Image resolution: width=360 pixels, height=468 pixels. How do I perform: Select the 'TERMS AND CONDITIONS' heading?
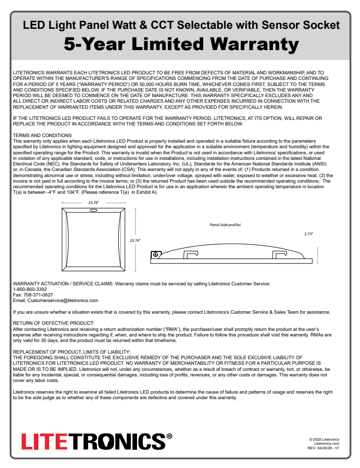pos(42,135)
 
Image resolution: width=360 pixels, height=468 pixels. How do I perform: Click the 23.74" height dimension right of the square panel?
pos(135,240)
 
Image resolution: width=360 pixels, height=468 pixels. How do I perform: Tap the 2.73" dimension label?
pos(308,234)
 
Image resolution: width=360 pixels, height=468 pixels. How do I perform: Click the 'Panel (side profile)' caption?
pos(225,224)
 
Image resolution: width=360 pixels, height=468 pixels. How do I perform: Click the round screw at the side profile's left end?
pos(156,253)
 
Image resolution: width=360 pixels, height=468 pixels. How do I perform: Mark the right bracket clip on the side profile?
pos(279,254)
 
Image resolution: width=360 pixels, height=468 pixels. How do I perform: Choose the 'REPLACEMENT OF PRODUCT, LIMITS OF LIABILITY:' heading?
pos(72,351)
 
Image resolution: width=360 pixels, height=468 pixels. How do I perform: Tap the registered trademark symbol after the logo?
pos(169,436)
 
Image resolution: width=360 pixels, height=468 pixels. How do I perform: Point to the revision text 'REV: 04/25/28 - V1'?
pos(323,448)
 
